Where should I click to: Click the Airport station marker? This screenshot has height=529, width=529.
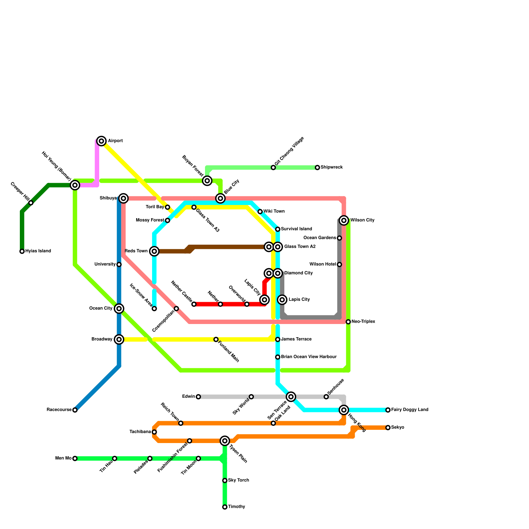(102, 141)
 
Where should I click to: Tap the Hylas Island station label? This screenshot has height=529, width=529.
(38, 251)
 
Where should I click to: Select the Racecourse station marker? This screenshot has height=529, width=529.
(75, 410)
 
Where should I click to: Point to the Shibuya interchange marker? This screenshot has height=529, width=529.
(123, 198)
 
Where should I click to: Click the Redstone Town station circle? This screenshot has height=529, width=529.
(154, 251)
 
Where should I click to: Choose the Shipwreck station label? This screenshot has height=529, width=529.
(331, 168)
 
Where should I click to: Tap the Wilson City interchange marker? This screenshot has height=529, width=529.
(344, 220)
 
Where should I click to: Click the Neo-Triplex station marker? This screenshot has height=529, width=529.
(348, 322)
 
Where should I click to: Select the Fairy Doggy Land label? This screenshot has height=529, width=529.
(410, 410)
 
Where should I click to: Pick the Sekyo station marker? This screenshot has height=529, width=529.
(388, 427)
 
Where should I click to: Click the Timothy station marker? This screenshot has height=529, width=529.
(225, 507)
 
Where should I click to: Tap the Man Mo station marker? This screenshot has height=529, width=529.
(75, 458)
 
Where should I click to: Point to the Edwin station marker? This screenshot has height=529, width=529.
(198, 397)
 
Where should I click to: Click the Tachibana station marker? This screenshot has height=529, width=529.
(154, 432)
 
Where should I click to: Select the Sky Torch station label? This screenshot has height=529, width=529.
(238, 480)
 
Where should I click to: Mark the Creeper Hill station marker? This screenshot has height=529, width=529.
(31, 203)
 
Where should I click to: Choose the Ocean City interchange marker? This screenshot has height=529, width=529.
(119, 308)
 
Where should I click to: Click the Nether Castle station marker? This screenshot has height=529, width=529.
(194, 304)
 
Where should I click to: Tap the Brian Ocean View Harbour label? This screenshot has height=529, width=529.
(308, 357)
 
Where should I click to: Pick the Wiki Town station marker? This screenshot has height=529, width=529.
(260, 212)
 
